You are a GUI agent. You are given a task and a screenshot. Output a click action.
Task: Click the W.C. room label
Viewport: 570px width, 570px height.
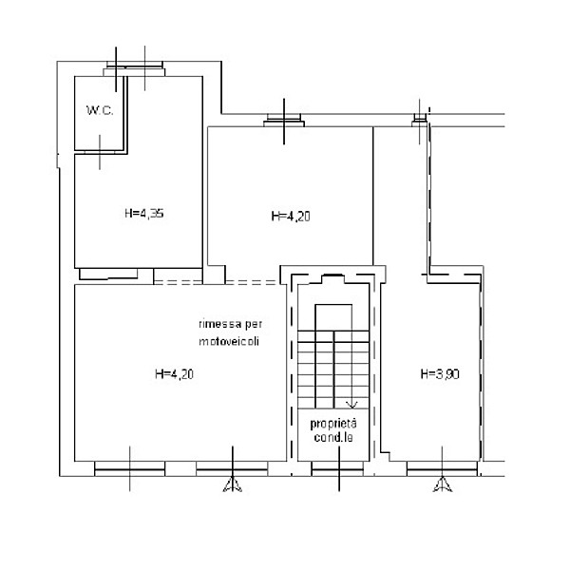100,110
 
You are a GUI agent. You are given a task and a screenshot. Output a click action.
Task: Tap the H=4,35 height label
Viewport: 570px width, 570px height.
144,213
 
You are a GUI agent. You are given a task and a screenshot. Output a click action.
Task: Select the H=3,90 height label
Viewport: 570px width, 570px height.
440,374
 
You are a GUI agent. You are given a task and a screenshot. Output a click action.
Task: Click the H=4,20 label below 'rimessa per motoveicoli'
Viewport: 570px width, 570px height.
174,374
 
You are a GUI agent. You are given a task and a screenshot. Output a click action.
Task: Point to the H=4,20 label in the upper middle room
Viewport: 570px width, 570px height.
291,217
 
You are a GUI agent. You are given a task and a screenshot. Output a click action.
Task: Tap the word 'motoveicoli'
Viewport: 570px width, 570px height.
229,342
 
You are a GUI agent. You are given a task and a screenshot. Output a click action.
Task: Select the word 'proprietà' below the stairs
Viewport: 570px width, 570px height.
333,424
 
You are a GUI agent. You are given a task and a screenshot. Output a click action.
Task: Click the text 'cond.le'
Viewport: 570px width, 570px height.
333,437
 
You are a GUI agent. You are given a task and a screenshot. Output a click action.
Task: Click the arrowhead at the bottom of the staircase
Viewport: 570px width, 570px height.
351,405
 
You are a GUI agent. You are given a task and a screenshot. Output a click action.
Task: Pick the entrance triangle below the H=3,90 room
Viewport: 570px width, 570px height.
443,484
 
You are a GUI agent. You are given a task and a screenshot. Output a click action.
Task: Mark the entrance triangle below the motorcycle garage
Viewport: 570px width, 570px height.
233,484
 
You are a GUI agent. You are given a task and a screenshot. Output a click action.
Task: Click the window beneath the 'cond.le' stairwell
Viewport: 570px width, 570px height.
337,469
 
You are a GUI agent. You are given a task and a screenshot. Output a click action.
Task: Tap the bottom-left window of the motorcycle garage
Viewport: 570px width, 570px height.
130,469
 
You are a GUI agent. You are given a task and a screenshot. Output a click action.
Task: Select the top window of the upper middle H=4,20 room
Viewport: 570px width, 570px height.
284,121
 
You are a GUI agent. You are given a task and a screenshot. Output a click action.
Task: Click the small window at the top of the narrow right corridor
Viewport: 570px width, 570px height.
420,121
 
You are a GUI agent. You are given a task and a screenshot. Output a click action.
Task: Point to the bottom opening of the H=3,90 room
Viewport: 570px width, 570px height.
442,469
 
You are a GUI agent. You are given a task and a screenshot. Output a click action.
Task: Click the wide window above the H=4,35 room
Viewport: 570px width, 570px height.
134,69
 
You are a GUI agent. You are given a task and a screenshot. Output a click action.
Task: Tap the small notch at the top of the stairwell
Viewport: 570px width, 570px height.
332,278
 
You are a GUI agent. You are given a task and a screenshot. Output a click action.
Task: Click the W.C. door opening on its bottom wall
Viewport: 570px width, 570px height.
100,152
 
